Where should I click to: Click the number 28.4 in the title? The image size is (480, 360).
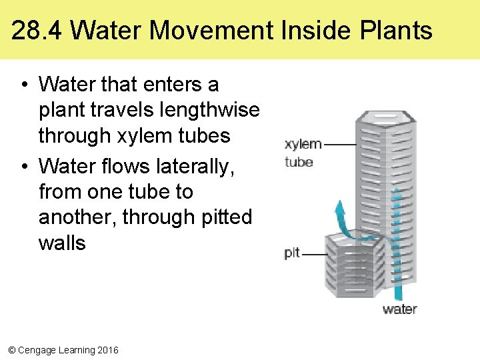[x=37, y=31]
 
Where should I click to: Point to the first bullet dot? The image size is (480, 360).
[x=23, y=85]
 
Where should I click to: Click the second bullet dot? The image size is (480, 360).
[x=23, y=167]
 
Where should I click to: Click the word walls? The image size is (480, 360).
[x=62, y=243]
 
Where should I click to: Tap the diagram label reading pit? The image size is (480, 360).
[x=292, y=253]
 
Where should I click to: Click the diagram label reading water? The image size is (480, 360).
[x=399, y=309]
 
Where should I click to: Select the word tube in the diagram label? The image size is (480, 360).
[x=299, y=162]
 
